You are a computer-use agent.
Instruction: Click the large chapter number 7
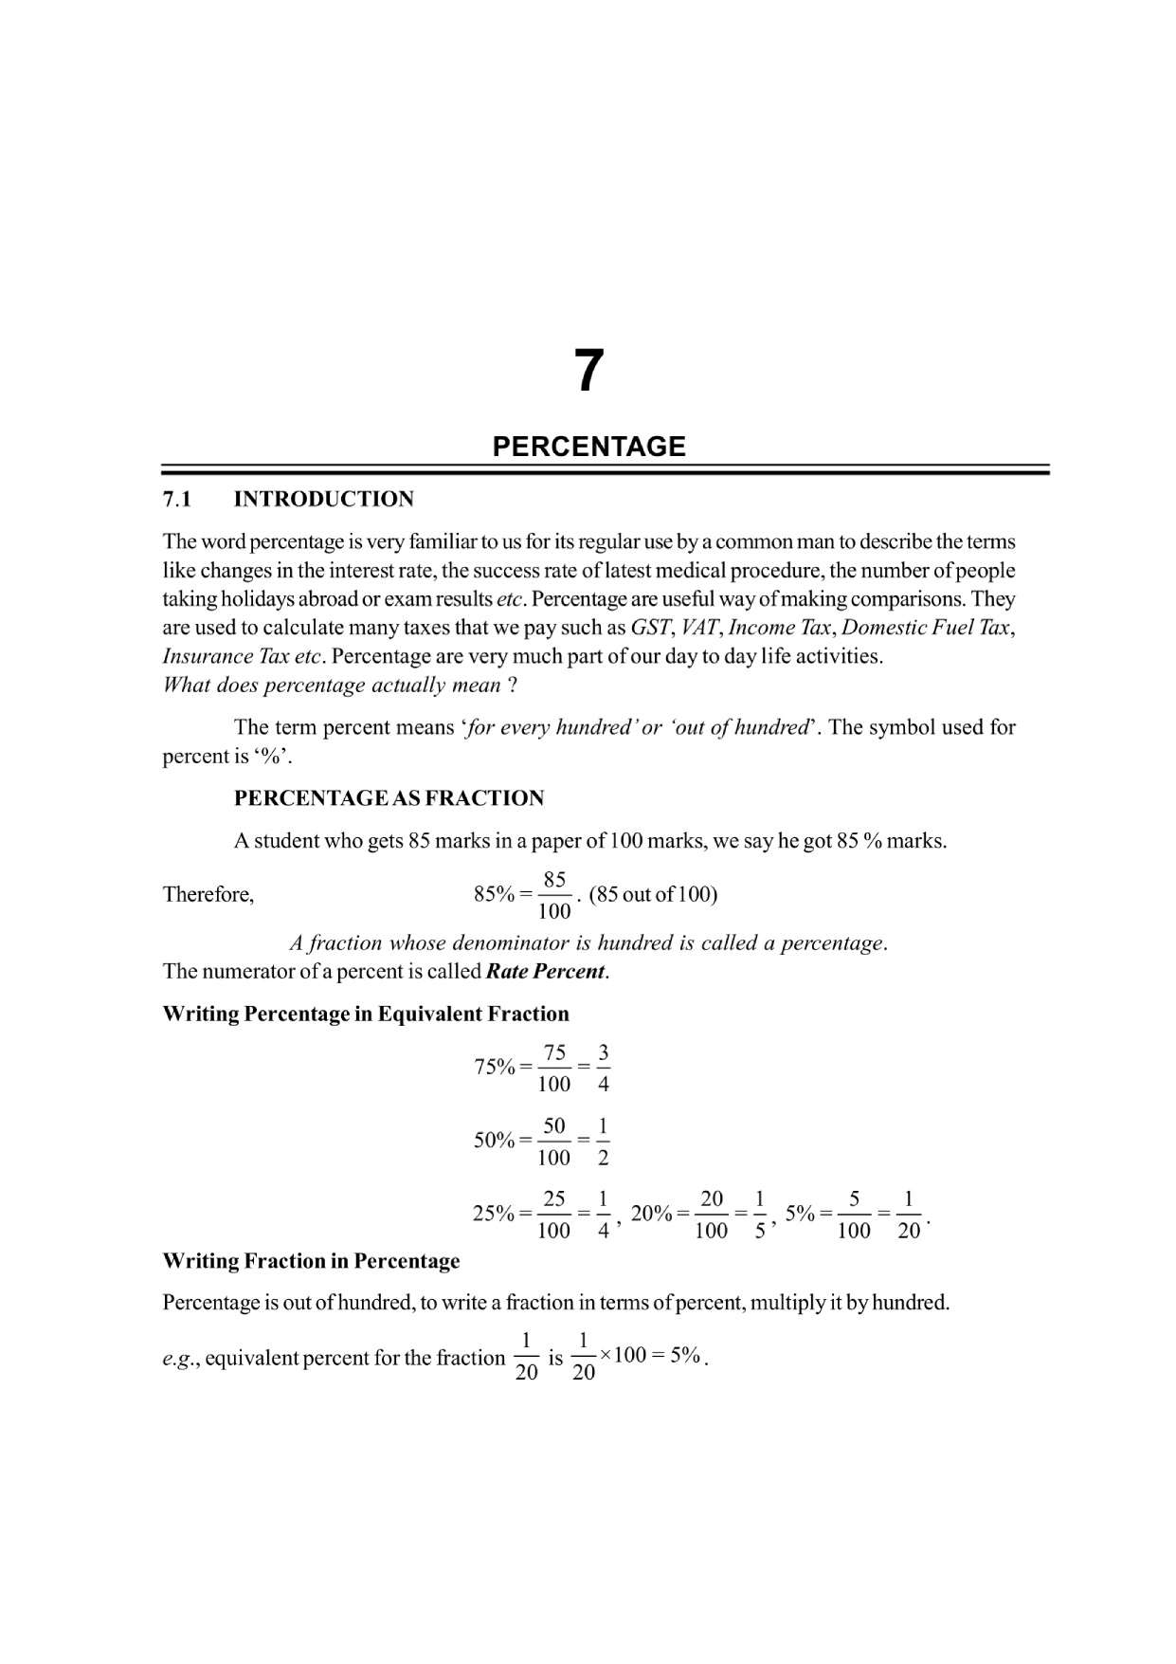click(588, 371)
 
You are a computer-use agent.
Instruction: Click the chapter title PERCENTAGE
click(588, 447)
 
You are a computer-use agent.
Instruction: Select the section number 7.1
click(177, 500)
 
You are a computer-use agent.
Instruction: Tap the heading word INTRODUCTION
click(323, 500)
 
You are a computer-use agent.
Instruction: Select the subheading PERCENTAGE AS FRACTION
click(389, 798)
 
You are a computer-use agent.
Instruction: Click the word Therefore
click(208, 895)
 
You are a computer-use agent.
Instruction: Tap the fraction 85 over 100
click(554, 895)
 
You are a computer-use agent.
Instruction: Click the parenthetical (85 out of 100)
click(653, 895)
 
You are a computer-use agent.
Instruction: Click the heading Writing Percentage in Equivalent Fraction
click(366, 1015)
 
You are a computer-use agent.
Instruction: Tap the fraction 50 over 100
click(554, 1141)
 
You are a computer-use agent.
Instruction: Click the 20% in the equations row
click(651, 1214)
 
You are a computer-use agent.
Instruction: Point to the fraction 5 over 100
click(854, 1215)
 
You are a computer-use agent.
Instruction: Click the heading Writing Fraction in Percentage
click(311, 1262)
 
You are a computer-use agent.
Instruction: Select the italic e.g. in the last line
click(179, 1359)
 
